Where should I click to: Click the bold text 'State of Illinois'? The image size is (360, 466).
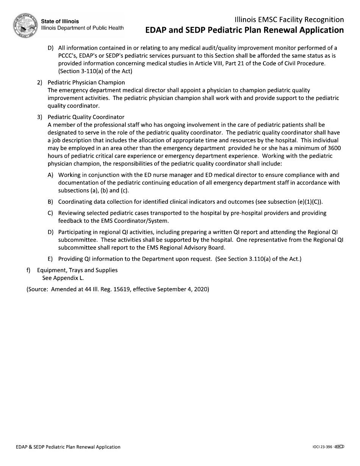click(60, 22)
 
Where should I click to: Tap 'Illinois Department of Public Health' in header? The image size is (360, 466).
click(82, 28)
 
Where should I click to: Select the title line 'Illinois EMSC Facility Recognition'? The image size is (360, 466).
click(289, 20)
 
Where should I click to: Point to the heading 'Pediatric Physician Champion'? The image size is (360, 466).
click(86, 82)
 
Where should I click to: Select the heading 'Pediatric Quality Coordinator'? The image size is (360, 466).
click(86, 117)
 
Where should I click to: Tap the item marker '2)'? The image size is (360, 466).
click(40, 82)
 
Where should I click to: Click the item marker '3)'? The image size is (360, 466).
click(40, 117)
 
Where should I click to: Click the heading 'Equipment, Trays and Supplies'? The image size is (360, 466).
click(77, 270)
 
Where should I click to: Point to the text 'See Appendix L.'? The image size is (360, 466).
click(63, 278)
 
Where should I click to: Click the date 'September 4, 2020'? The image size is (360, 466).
click(183, 289)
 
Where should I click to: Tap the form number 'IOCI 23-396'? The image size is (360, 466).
click(320, 447)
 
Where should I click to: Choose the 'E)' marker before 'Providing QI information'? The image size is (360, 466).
click(50, 259)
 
